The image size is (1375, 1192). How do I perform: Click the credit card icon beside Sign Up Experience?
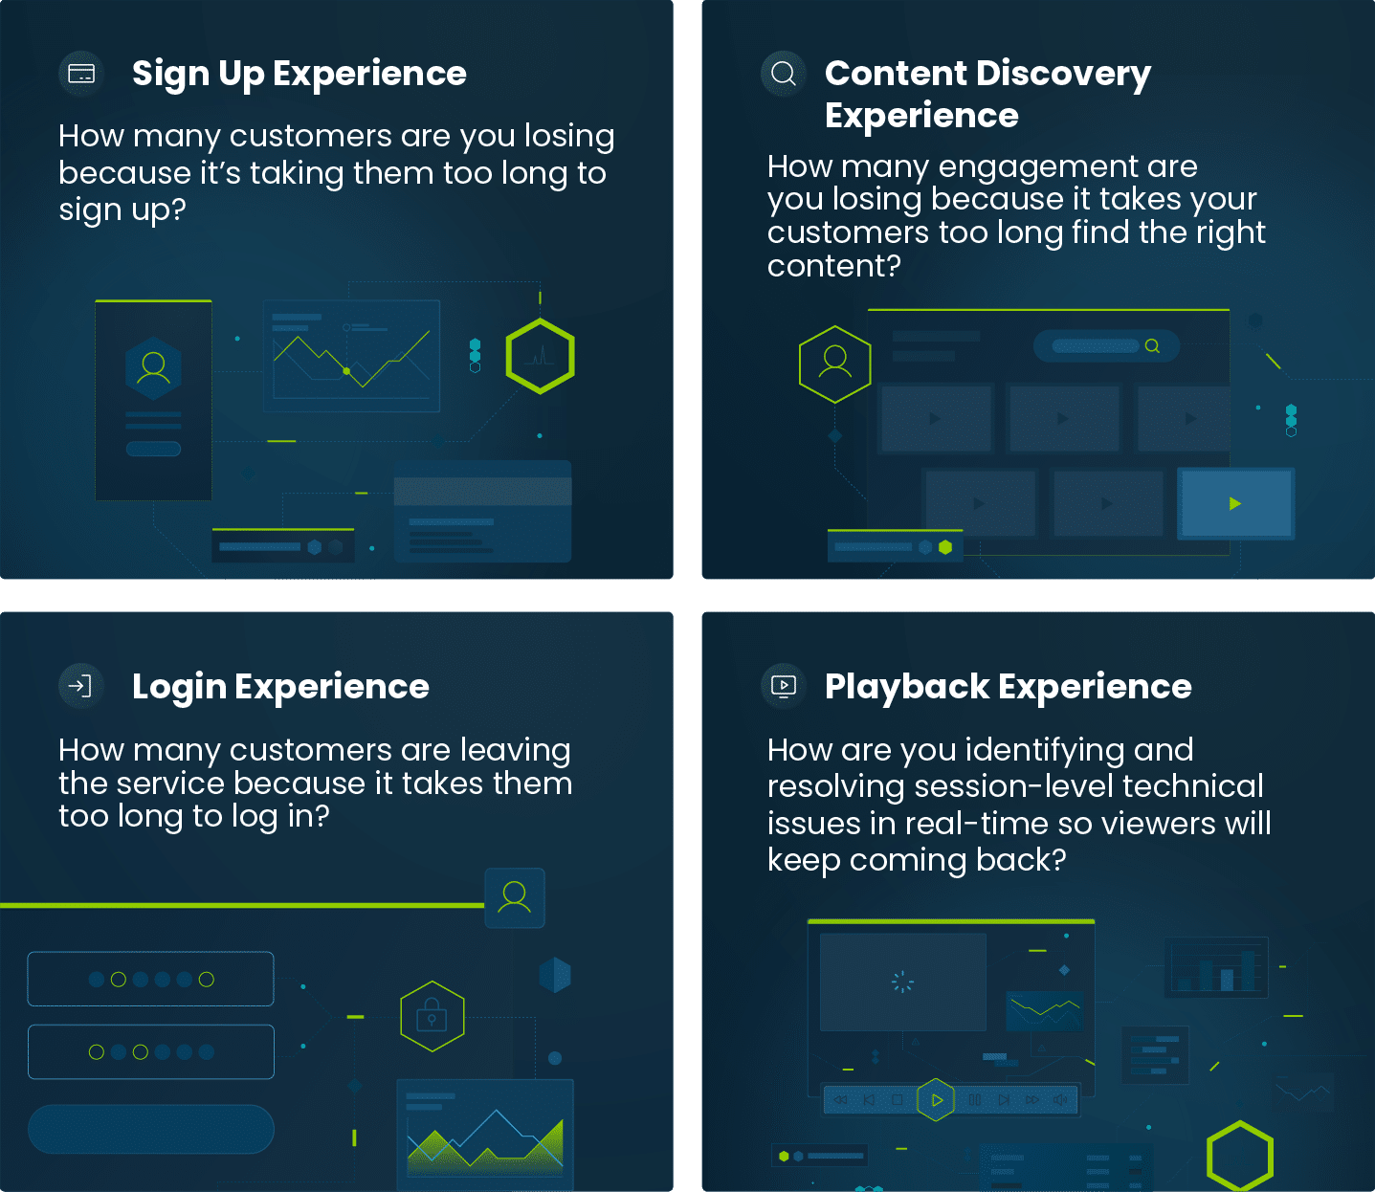(x=81, y=73)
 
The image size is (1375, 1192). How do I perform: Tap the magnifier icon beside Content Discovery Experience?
(x=783, y=73)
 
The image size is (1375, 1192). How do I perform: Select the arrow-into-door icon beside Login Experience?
(x=81, y=686)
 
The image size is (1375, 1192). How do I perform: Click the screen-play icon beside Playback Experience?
(x=783, y=686)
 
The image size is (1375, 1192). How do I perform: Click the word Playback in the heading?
(x=907, y=687)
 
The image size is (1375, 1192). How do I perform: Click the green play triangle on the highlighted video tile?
(x=1234, y=503)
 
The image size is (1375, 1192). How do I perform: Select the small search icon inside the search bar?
(x=1153, y=346)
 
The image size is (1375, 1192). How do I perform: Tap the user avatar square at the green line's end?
(x=515, y=897)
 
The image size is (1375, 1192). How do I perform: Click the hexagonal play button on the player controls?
(x=936, y=1099)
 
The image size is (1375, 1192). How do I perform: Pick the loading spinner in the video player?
(x=902, y=982)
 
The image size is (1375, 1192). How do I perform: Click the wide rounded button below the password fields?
(x=151, y=1129)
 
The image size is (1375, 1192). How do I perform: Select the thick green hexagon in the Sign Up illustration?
(x=541, y=356)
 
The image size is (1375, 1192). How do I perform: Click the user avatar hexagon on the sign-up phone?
(x=154, y=368)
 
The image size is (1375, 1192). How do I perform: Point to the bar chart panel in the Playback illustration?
(x=1217, y=966)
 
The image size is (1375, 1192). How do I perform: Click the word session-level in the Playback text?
(x=1014, y=786)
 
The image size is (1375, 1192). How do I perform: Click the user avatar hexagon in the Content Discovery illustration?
(x=834, y=364)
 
